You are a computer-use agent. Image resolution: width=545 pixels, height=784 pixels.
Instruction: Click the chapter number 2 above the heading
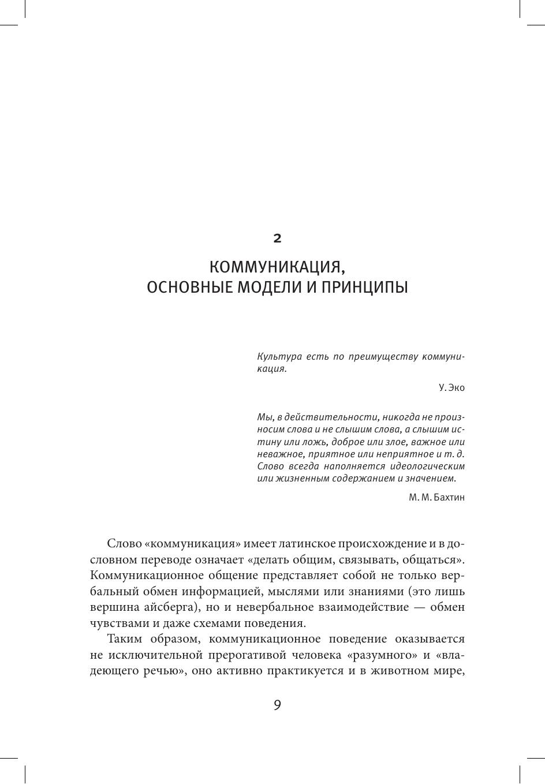click(x=277, y=238)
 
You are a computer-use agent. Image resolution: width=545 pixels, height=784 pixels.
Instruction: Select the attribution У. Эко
click(x=451, y=388)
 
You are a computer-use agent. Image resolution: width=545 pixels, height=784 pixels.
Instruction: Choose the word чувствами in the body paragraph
click(x=115, y=624)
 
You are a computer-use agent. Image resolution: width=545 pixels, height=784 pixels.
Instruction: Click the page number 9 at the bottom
click(x=277, y=705)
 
